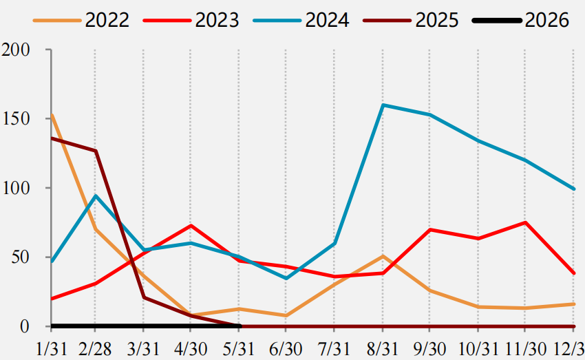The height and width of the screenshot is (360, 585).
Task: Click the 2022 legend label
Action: (107, 20)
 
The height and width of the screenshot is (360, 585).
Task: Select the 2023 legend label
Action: (217, 20)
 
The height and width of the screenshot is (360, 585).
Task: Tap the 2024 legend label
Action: (327, 20)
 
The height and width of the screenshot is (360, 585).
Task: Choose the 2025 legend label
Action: (437, 20)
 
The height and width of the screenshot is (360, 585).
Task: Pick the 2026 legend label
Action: (547, 20)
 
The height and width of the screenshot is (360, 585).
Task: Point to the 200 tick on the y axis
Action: (16, 50)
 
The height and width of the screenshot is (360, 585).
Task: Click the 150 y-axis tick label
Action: (16, 119)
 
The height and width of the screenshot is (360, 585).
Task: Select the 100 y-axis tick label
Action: (16, 188)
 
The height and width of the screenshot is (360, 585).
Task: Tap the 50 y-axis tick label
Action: (21, 257)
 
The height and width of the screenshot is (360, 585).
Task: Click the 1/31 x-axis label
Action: (52, 349)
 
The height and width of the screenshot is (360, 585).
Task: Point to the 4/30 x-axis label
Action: (190, 349)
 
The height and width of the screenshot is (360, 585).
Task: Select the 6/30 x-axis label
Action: (286, 349)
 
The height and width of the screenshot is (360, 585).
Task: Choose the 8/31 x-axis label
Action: (382, 349)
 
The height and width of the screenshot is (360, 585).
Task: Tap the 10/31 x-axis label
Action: (478, 349)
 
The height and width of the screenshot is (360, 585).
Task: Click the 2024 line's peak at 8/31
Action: (383, 105)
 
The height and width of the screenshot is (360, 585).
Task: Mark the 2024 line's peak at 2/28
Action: (96, 195)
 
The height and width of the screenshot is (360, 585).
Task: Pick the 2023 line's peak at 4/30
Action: (191, 225)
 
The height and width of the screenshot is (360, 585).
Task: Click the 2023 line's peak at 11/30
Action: (525, 222)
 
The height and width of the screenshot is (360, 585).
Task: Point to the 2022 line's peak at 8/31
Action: (383, 256)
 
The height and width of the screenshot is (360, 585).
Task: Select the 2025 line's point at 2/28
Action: (96, 151)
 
